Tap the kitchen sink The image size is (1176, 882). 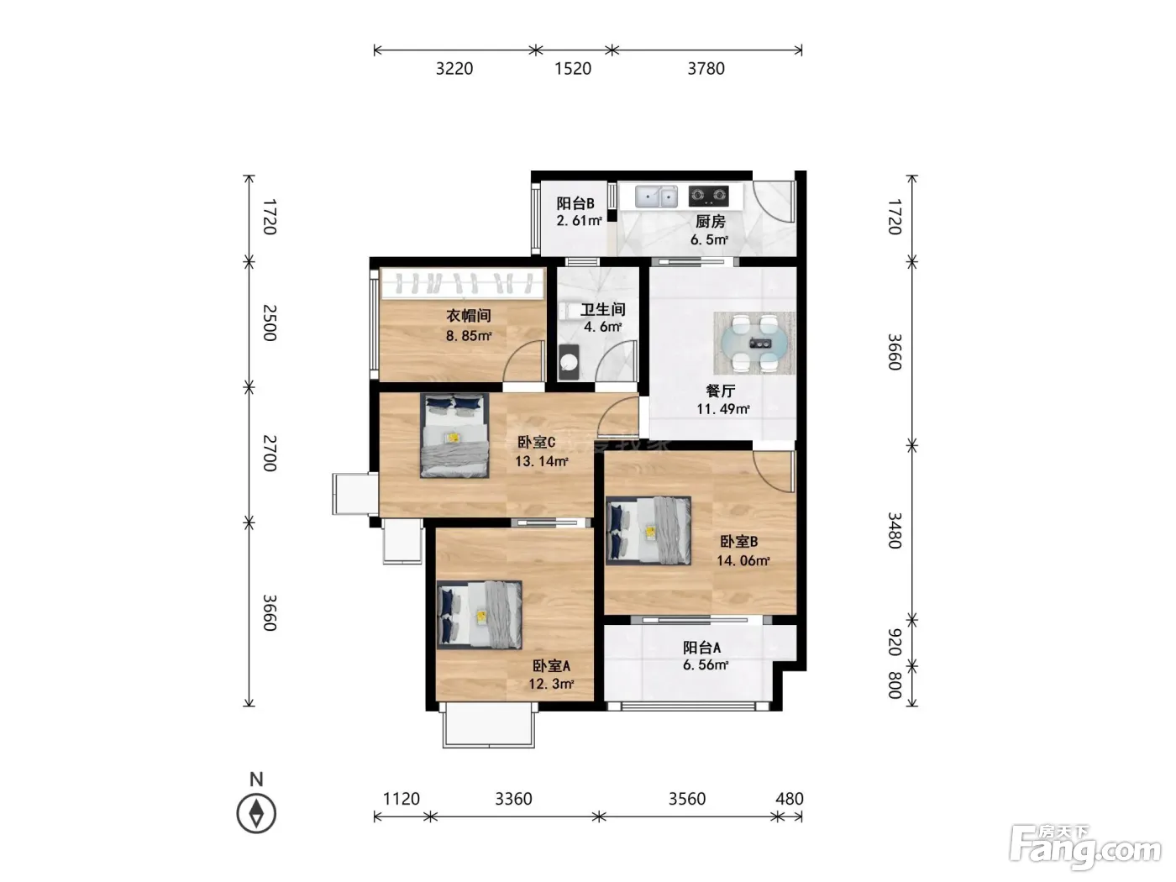(656, 197)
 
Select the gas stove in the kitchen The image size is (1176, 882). (708, 196)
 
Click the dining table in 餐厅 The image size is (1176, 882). (754, 344)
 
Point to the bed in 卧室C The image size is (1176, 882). (454, 435)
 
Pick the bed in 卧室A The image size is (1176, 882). (479, 615)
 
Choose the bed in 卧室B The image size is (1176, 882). (648, 531)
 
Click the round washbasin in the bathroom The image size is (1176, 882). (569, 363)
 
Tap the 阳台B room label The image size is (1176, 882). (575, 203)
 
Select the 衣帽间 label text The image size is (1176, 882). (469, 316)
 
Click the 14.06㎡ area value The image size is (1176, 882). (743, 560)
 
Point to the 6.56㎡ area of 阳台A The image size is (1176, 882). (705, 665)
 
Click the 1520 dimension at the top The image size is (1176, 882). (573, 69)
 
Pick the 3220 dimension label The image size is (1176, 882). (454, 69)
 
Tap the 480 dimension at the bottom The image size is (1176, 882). (789, 799)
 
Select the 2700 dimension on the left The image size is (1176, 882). (270, 453)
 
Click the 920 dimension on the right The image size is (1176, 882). (895, 642)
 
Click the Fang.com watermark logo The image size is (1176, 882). (1085, 848)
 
